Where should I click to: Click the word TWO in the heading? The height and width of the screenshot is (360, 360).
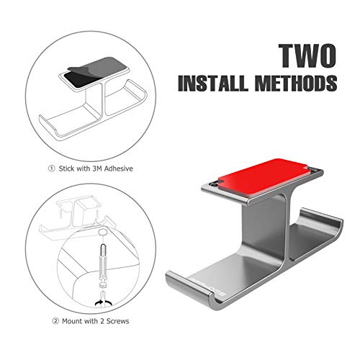pyautogui.click(x=307, y=56)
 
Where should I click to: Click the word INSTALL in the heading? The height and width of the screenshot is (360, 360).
pyautogui.click(x=213, y=83)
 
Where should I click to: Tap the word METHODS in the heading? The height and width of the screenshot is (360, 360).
pyautogui.click(x=296, y=83)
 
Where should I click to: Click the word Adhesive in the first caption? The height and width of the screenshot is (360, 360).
pyautogui.click(x=118, y=168)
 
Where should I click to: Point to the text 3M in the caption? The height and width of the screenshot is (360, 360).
pyautogui.click(x=97, y=168)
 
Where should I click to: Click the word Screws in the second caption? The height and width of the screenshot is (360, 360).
pyautogui.click(x=117, y=321)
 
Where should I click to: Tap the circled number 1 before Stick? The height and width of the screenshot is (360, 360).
pyautogui.click(x=51, y=168)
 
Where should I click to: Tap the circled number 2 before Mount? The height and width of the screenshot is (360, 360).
pyautogui.click(x=55, y=321)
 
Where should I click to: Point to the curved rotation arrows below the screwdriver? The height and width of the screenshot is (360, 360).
pyautogui.click(x=104, y=303)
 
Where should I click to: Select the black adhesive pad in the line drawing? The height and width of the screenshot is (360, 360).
pyautogui.click(x=78, y=80)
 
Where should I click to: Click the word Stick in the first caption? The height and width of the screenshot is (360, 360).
pyautogui.click(x=67, y=168)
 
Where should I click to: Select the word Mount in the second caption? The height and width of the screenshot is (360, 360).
pyautogui.click(x=72, y=321)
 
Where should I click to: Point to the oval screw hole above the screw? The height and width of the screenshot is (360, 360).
pyautogui.click(x=103, y=232)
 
